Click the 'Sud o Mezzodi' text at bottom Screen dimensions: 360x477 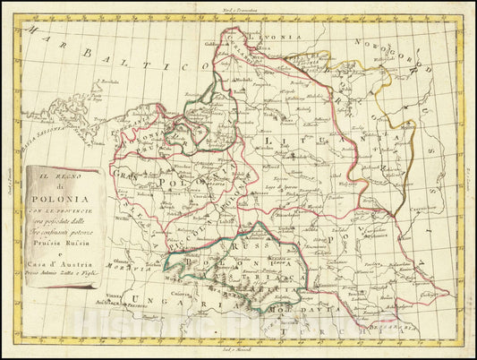[x=240, y=356]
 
